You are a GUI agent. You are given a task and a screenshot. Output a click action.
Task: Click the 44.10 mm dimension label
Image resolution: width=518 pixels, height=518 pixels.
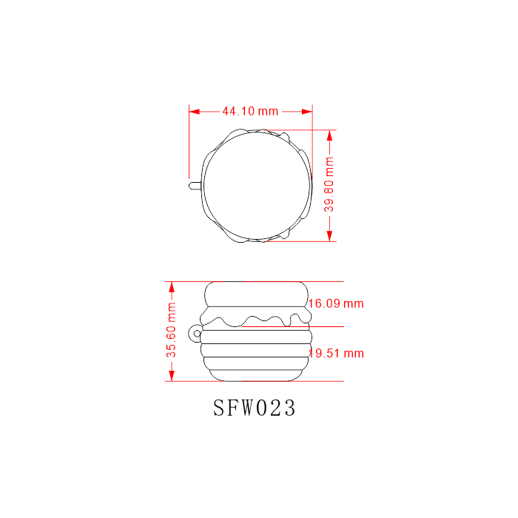coord(250,111)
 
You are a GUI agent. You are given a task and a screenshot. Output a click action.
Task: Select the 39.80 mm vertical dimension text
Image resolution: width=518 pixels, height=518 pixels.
coord(329,184)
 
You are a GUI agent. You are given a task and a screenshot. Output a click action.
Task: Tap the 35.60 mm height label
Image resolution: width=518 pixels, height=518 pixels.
coord(171,330)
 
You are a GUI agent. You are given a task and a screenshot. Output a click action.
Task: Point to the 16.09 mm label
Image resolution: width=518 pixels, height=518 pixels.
coord(336,303)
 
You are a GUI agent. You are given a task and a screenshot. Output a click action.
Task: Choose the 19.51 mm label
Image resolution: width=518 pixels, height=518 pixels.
coord(337,354)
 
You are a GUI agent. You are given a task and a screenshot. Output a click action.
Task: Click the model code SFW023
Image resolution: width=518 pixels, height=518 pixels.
coord(254,408)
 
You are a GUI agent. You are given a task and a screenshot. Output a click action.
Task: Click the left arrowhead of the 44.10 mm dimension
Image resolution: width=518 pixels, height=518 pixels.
coord(194,112)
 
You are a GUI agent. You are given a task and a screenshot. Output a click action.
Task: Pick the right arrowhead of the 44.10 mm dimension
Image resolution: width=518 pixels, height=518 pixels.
coord(307,112)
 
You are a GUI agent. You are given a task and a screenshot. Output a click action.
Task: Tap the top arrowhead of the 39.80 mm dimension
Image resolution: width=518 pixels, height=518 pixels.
coord(329,135)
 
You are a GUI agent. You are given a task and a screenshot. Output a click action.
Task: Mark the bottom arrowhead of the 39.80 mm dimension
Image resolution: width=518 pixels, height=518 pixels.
coord(329,236)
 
